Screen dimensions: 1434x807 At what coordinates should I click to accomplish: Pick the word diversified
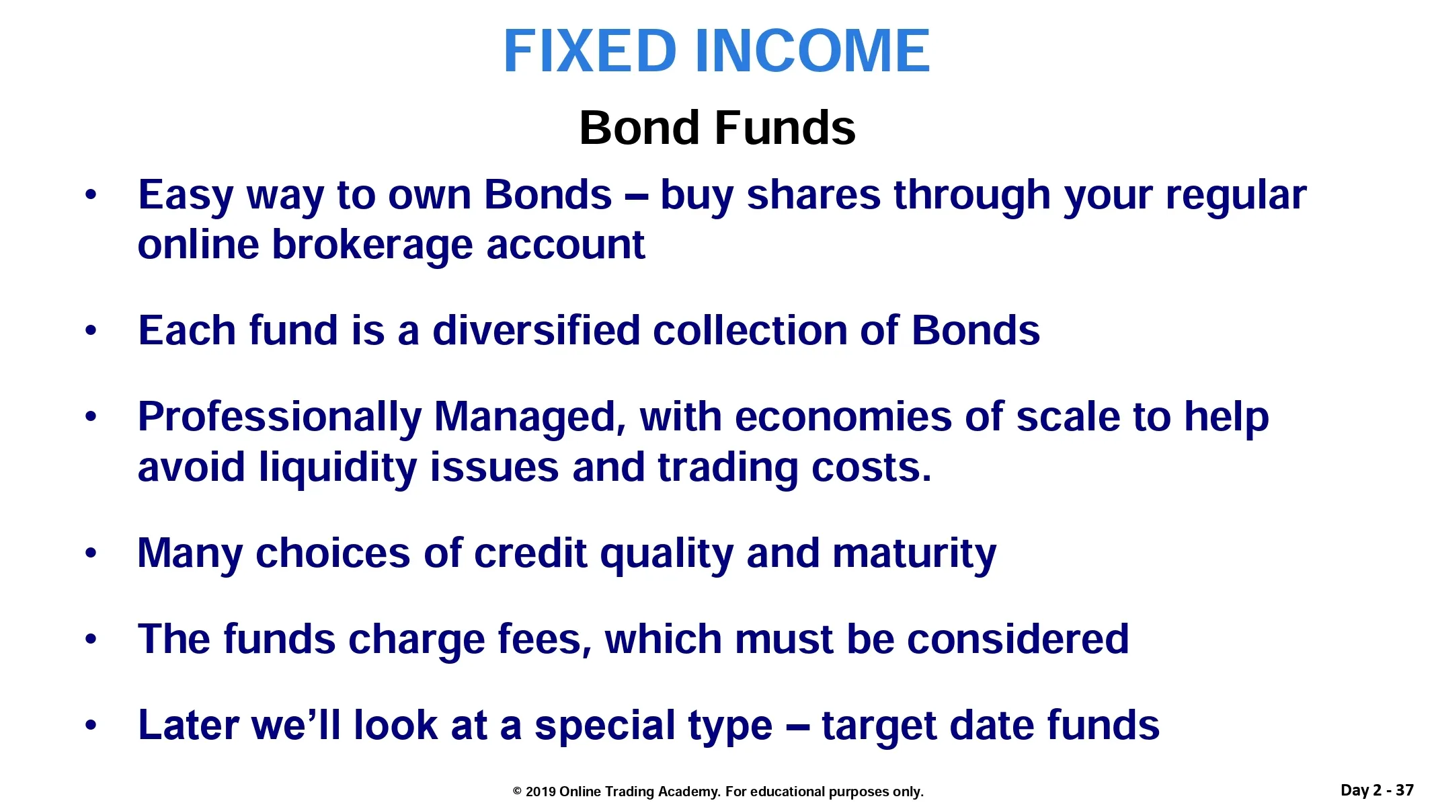click(536, 330)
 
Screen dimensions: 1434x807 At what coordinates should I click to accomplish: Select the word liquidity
click(337, 468)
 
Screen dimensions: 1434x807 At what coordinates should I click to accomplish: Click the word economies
click(843, 418)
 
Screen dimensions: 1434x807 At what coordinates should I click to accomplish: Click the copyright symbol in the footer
click(517, 792)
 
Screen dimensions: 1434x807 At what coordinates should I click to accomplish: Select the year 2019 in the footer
click(541, 792)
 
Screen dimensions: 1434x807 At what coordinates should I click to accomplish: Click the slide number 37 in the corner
click(1404, 790)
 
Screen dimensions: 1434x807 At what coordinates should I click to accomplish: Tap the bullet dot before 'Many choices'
click(91, 553)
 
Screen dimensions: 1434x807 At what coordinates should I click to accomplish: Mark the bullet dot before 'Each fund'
click(91, 331)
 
